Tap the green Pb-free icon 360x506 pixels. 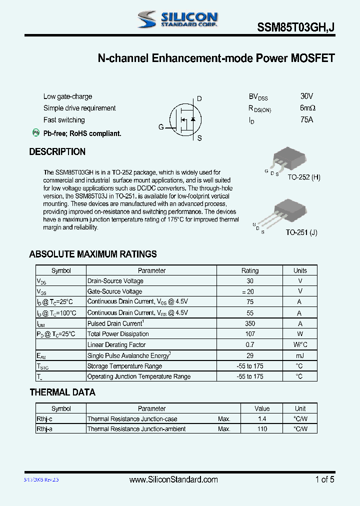(36, 132)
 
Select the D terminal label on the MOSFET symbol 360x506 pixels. (199, 99)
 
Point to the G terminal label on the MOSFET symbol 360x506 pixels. (161, 127)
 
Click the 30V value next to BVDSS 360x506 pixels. (307, 96)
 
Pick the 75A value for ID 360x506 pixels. (307, 120)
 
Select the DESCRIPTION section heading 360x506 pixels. (57, 152)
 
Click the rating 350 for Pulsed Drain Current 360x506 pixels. (250, 323)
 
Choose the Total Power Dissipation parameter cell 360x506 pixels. (118, 334)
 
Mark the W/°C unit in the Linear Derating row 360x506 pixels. (300, 344)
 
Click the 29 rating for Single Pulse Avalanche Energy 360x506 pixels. (250, 355)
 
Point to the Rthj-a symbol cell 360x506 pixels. (44, 429)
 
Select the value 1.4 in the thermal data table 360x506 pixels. (262, 419)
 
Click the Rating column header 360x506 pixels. (250, 270)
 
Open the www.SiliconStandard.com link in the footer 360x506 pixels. (173, 479)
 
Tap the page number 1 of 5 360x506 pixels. (324, 479)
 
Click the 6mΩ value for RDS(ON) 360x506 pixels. (307, 108)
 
